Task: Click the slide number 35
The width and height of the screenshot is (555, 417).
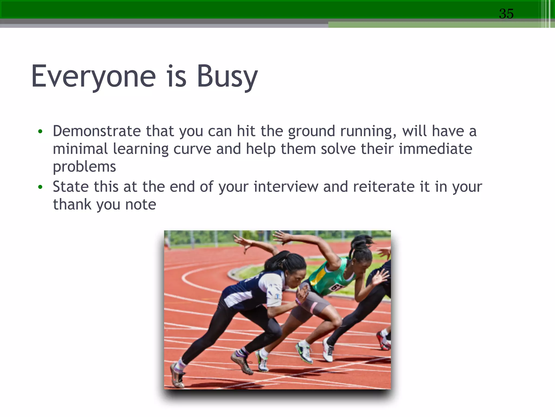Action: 506,14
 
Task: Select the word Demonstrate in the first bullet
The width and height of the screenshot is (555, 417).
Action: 96,131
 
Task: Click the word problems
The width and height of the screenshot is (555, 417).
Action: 84,167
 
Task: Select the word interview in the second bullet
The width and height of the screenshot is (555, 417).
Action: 286,187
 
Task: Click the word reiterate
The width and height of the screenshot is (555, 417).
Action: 383,187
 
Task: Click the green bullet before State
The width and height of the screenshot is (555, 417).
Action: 40,187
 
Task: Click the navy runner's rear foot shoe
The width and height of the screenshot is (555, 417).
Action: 177,376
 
